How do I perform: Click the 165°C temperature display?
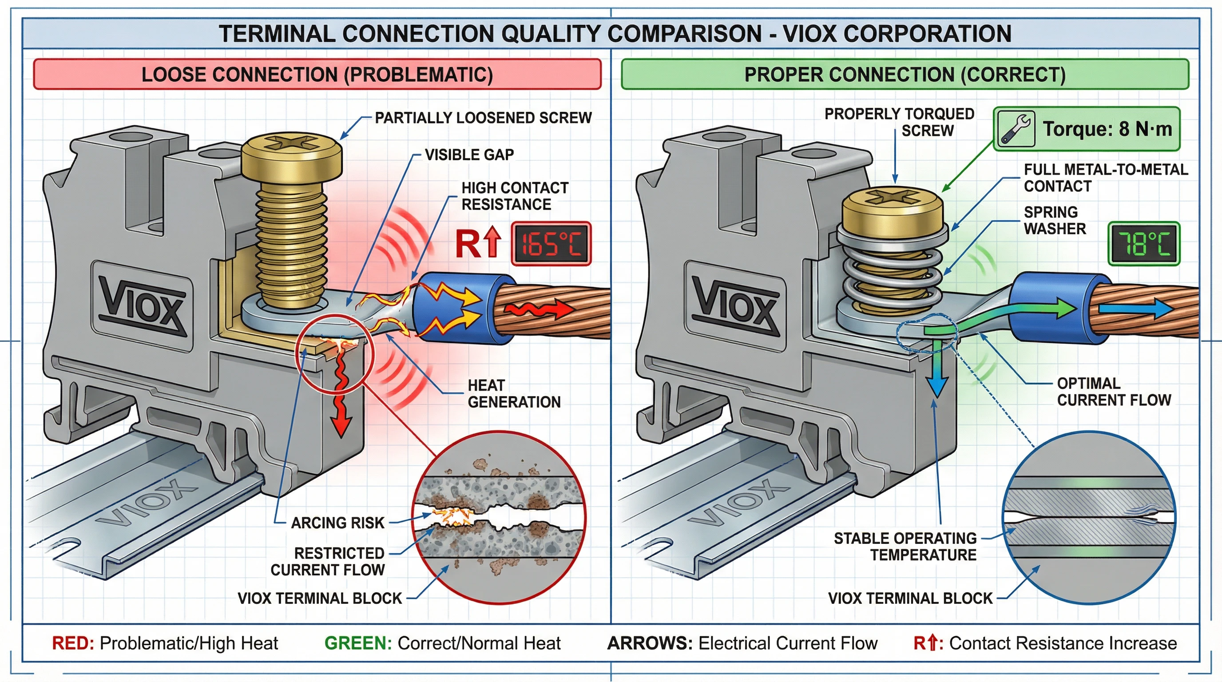point(551,244)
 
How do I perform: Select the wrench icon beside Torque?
point(1014,128)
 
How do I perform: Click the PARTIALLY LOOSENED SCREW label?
point(483,118)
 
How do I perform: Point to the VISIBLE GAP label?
point(469,155)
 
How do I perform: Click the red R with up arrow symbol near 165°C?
point(477,243)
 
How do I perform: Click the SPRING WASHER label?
point(1055,220)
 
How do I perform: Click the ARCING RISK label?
point(337,523)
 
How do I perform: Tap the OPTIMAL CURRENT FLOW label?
point(1114,391)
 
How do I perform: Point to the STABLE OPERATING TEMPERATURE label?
point(905,547)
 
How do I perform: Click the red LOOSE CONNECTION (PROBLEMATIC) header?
point(317,75)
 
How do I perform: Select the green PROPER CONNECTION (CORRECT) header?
point(905,75)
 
